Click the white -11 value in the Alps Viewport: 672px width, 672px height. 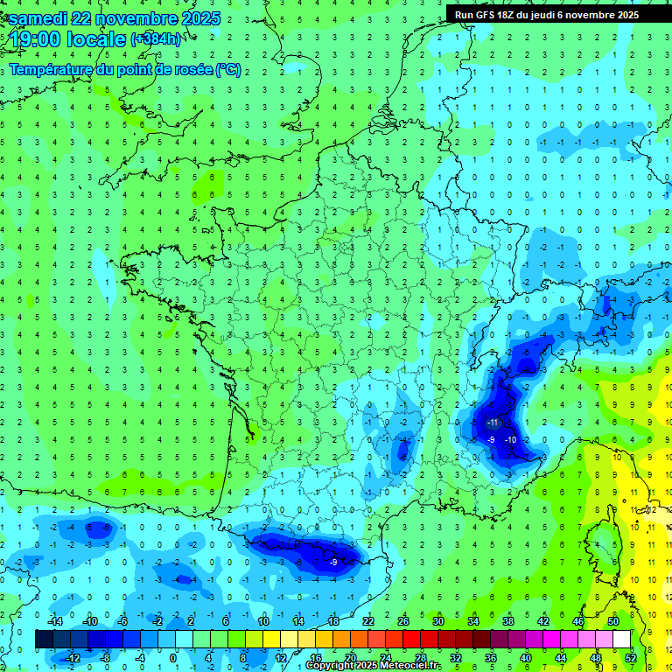coord(491,423)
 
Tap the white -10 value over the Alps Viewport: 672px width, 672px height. coord(510,439)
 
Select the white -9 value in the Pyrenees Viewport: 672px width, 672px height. coord(333,563)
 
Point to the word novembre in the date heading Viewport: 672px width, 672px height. coord(141,18)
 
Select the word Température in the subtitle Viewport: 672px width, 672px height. coord(52,70)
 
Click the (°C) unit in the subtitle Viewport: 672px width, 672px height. coord(228,70)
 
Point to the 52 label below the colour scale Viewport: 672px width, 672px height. coord(630,657)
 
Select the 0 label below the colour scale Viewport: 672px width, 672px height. coord(172,657)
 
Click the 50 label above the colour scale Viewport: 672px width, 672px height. coord(612,620)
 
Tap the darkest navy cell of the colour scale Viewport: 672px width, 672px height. coord(44,640)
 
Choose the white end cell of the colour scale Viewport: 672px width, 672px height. coord(622,640)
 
